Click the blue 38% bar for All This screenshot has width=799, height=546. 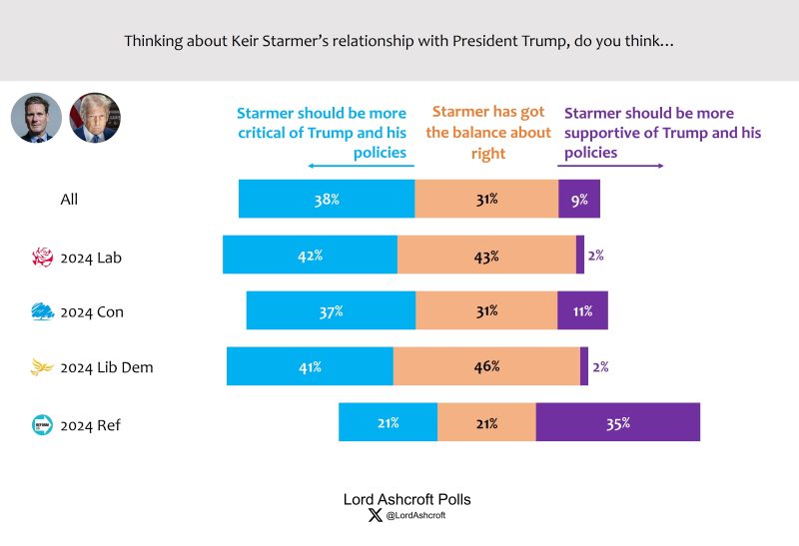pos(327,199)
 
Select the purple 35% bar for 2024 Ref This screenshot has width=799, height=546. pos(617,422)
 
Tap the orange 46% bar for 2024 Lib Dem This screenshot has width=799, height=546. pos(486,366)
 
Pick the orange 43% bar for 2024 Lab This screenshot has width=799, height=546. pos(486,255)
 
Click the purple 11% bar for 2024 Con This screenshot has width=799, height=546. pos(582,310)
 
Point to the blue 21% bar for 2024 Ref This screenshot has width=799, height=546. pos(388,422)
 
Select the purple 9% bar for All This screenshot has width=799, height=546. pos(579,199)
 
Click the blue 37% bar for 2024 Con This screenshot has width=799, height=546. pos(331,310)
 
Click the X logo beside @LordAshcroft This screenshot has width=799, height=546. pos(375,515)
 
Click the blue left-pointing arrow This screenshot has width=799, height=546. pos(360,166)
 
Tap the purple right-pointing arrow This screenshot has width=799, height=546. pos(611,166)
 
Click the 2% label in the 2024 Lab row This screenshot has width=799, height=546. pos(595,255)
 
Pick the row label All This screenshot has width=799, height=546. pos(69,199)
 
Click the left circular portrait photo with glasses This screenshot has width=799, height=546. pos(37,118)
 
